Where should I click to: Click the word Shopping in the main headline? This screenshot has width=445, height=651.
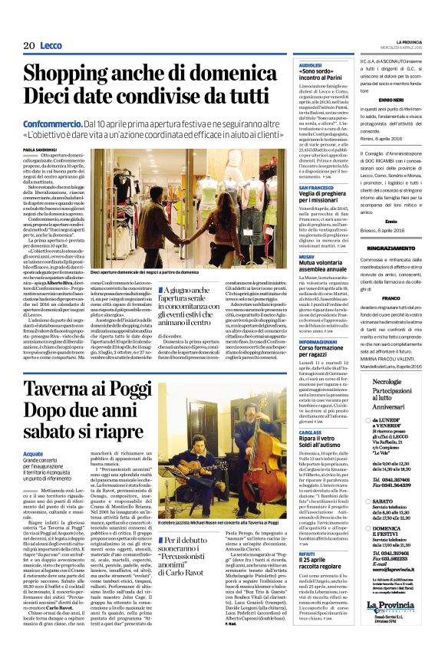(x=71, y=74)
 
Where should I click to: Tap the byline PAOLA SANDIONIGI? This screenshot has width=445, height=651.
(x=39, y=150)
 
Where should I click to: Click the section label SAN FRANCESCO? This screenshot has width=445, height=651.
(x=315, y=187)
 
